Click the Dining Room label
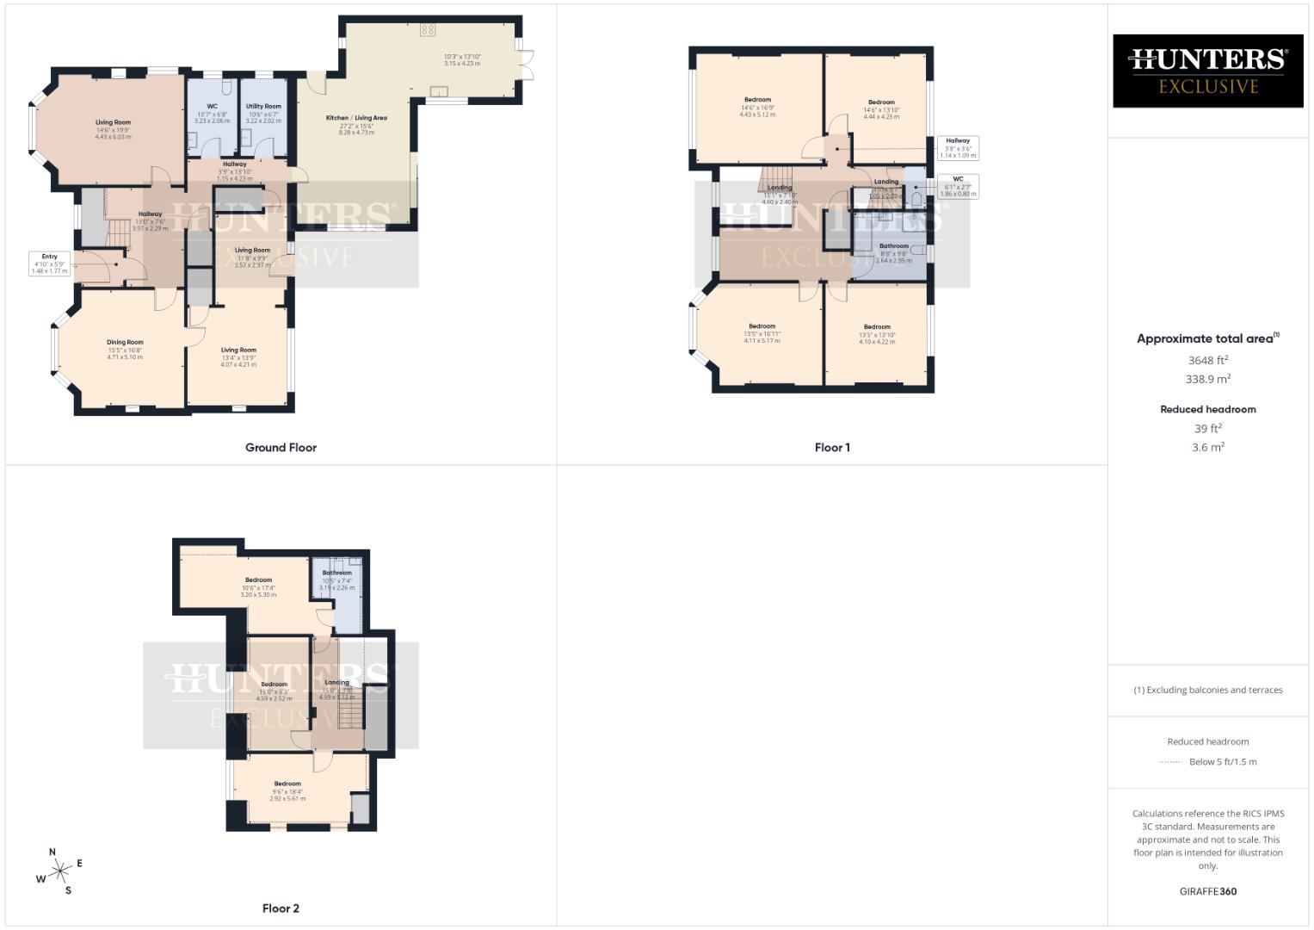pyautogui.click(x=125, y=343)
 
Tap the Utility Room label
pyautogui.click(x=263, y=107)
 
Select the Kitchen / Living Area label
pyautogui.click(x=356, y=118)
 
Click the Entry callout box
pyautogui.click(x=49, y=263)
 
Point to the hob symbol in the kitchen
pyautogui.click(x=428, y=30)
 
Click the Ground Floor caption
pyautogui.click(x=281, y=448)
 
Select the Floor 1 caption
pyautogui.click(x=832, y=448)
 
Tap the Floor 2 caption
pyautogui.click(x=281, y=908)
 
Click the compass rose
pyautogui.click(x=59, y=872)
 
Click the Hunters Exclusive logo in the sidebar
pyautogui.click(x=1208, y=71)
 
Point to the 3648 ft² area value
pyautogui.click(x=1208, y=361)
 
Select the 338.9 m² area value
pyautogui.click(x=1208, y=379)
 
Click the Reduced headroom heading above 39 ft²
pyautogui.click(x=1208, y=410)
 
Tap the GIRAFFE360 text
pyautogui.click(x=1208, y=892)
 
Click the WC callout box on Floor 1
pyautogui.click(x=958, y=186)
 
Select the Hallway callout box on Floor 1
pyautogui.click(x=958, y=148)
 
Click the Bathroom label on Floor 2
pyautogui.click(x=336, y=573)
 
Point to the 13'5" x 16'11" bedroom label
pyautogui.click(x=762, y=333)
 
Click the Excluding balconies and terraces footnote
pyautogui.click(x=1208, y=690)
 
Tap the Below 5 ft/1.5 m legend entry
pyautogui.click(x=1222, y=762)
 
